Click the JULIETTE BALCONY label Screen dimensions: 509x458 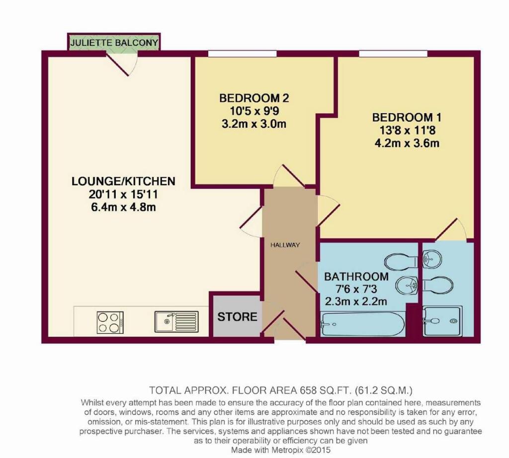coord(114,43)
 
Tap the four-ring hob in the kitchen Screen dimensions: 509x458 coord(110,322)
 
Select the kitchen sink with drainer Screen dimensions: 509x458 coord(176,321)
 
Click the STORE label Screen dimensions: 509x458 coord(237,316)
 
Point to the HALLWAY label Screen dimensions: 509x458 coord(285,245)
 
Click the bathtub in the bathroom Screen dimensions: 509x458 coord(362,324)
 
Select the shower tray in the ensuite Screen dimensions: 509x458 coord(442,321)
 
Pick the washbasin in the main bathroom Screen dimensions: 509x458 coord(407,286)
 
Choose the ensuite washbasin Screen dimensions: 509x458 coord(432,259)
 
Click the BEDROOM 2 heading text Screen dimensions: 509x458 coord(254,98)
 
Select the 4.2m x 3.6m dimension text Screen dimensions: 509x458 coord(407,143)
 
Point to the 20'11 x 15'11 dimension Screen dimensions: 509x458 coord(123,194)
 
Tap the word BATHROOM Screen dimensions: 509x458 coord(356,277)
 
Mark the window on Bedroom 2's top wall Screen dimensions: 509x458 coord(242,54)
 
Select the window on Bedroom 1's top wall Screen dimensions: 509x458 coord(393,54)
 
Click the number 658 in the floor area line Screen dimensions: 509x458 coord(308,390)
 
